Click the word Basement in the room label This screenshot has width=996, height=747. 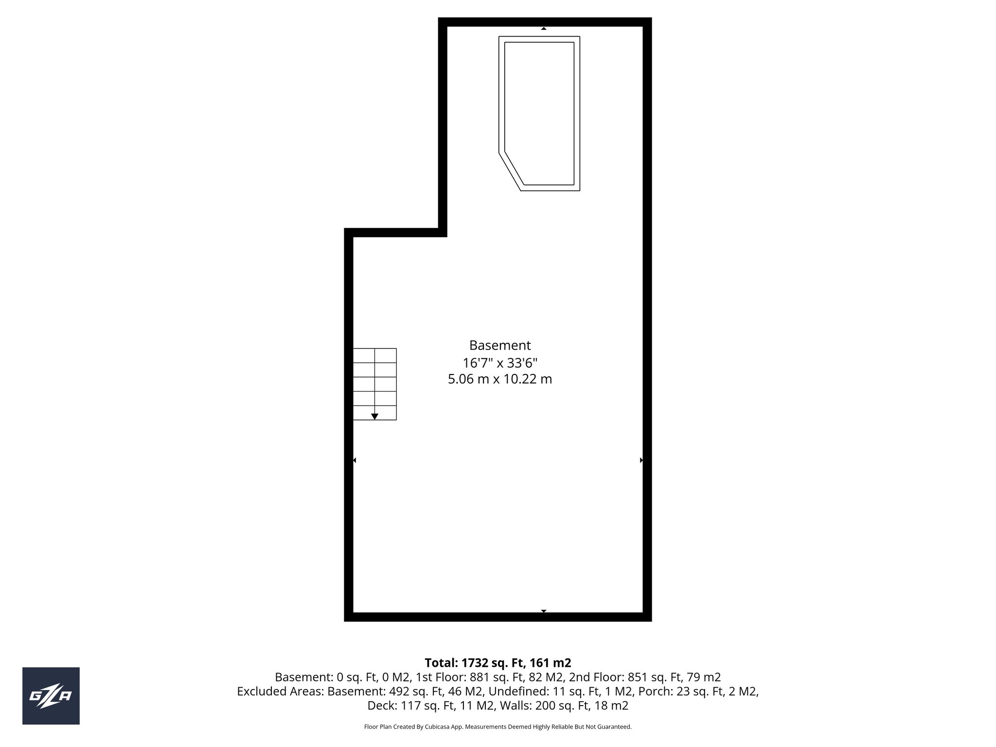pyautogui.click(x=499, y=345)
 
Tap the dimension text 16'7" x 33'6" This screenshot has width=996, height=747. pyautogui.click(x=499, y=363)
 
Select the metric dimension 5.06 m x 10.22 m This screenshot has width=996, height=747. pyautogui.click(x=499, y=379)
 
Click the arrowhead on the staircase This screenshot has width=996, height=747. pyautogui.click(x=374, y=416)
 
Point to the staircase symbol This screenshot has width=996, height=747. pyautogui.click(x=374, y=384)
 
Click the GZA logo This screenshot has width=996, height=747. pyautogui.click(x=51, y=696)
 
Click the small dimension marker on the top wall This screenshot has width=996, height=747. pyautogui.click(x=544, y=29)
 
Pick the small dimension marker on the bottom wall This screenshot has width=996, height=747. pyautogui.click(x=544, y=611)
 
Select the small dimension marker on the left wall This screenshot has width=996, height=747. pyautogui.click(x=355, y=460)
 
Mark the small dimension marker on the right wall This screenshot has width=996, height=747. pyautogui.click(x=641, y=460)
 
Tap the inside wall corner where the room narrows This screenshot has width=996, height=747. pyautogui.click(x=443, y=232)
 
